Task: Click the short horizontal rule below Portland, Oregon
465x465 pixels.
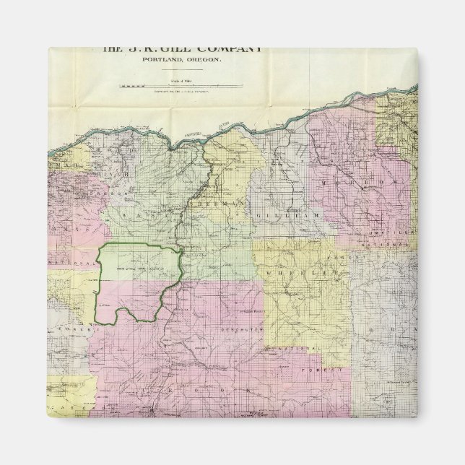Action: point(181,69)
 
